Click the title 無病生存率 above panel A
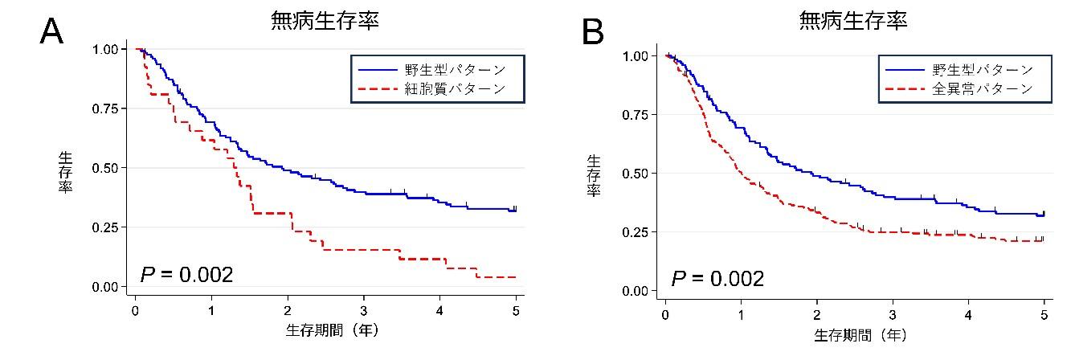(x=325, y=22)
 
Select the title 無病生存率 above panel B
(x=853, y=22)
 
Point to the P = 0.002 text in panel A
(x=186, y=275)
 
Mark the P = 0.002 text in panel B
(x=717, y=279)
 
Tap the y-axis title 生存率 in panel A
(x=65, y=170)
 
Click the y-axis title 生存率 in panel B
(x=594, y=176)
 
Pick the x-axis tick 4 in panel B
(x=968, y=314)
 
